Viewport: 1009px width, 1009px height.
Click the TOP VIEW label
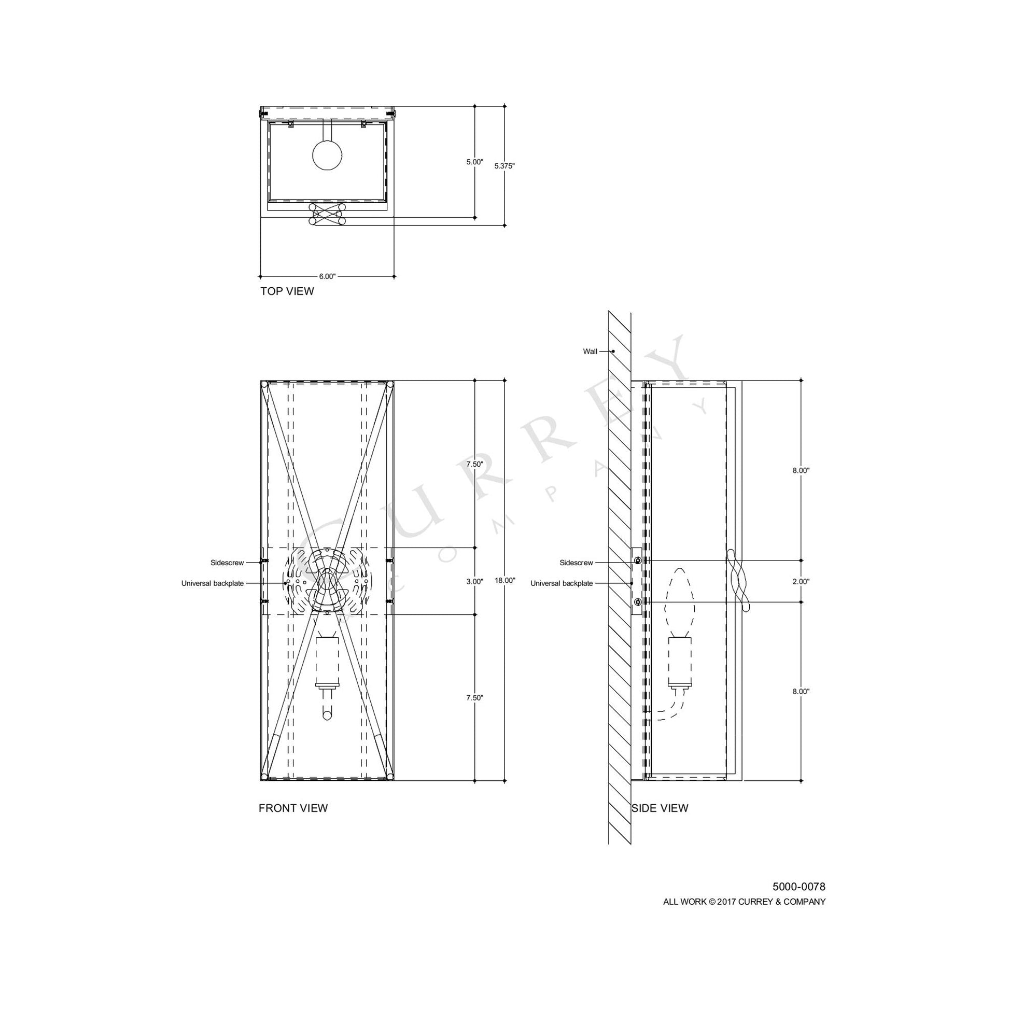[287, 291]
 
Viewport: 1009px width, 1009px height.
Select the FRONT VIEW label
[293, 808]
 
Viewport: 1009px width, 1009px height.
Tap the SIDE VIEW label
[660, 808]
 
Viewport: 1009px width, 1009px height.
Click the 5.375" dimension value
[504, 166]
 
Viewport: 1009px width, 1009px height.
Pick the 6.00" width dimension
[327, 276]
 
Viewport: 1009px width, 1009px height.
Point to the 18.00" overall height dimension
[504, 580]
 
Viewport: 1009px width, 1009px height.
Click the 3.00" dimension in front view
[474, 581]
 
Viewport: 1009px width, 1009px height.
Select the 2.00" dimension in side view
[801, 581]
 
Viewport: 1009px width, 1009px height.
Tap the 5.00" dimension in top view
[474, 162]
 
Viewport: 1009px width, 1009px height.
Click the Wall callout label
[590, 352]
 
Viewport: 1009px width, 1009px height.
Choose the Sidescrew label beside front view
[227, 563]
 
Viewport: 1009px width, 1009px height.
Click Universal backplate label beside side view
[562, 583]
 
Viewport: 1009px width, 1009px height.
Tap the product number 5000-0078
[798, 887]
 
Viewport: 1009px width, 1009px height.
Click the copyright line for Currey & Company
[744, 902]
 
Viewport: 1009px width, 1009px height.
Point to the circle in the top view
[327, 155]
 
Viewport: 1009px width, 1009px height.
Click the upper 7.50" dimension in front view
[474, 464]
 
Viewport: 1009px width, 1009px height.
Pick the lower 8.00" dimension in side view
[801, 692]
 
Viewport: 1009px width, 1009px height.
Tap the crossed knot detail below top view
[328, 214]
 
